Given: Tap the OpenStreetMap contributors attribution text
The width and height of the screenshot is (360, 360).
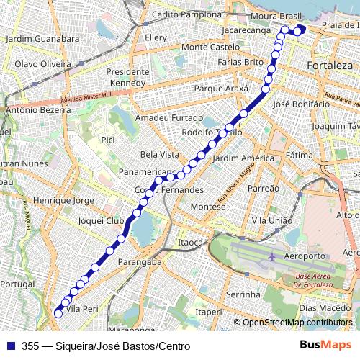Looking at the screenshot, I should pyautogui.click(x=297, y=323).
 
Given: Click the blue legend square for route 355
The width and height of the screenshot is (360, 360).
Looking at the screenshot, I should pyautogui.click(x=9, y=346).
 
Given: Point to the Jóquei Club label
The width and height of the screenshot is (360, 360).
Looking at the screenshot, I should pyautogui.click(x=101, y=221).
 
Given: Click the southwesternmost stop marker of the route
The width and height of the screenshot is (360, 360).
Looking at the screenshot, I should pyautogui.click(x=58, y=313).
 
